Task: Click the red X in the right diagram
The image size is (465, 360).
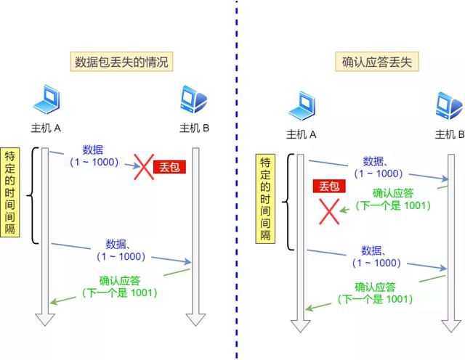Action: point(331,211)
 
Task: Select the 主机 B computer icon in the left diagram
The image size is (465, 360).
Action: point(194,102)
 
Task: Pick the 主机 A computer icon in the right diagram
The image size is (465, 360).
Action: point(302,106)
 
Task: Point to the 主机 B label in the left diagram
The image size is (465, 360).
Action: point(194,129)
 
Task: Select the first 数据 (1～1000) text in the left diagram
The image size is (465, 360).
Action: point(93,156)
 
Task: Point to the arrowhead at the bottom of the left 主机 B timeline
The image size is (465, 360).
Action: point(194,319)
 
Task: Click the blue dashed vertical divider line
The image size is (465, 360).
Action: point(236,181)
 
